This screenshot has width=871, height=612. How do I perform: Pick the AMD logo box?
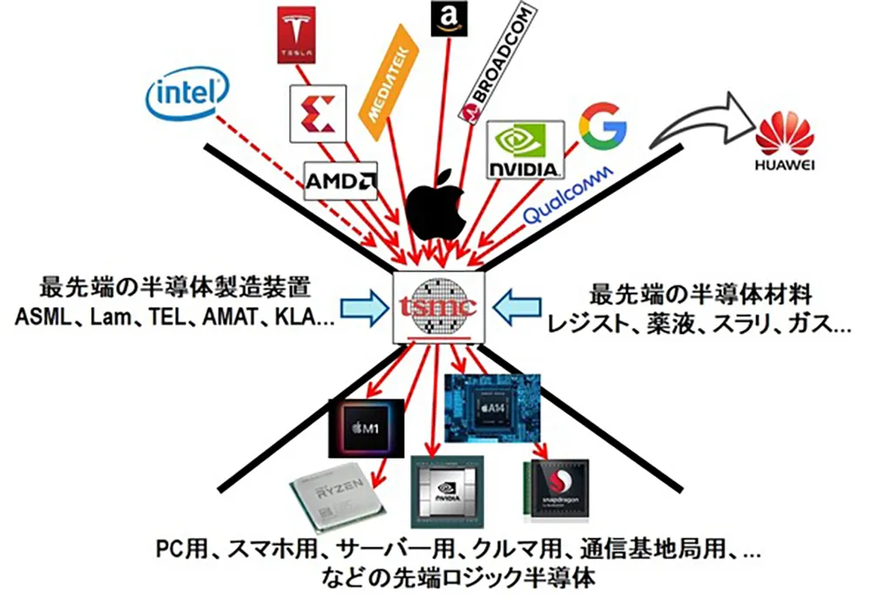(x=341, y=181)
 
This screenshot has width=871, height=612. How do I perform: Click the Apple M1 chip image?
(x=365, y=428)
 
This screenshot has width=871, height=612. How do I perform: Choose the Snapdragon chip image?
(x=558, y=491)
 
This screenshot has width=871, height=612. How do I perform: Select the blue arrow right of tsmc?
(x=511, y=307)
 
